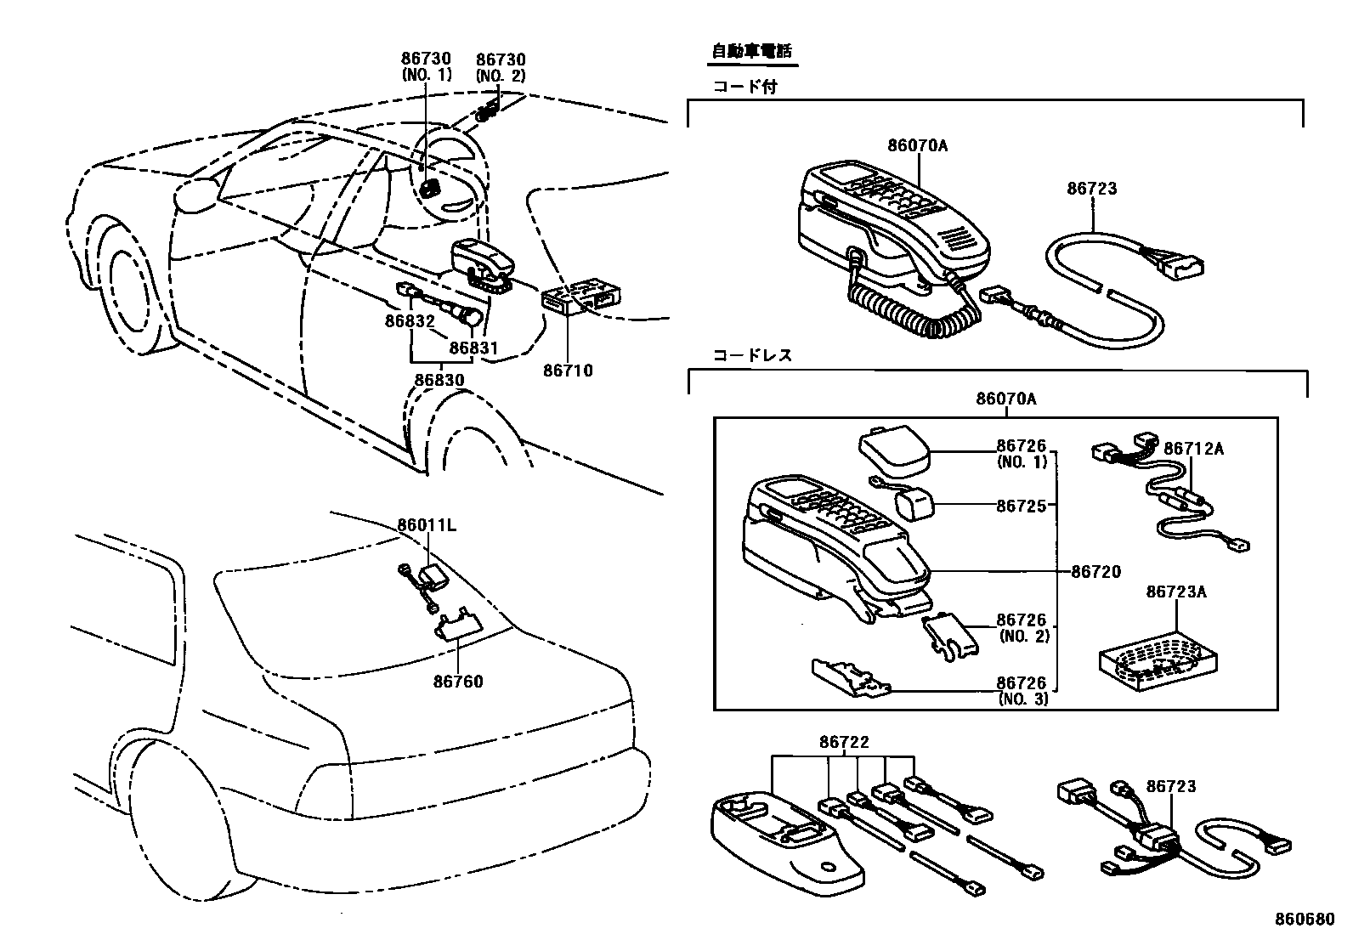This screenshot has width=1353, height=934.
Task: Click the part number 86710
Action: (568, 371)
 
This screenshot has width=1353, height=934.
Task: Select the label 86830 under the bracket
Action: (439, 380)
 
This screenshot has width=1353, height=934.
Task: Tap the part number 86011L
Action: (427, 525)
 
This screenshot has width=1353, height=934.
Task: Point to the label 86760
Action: (457, 682)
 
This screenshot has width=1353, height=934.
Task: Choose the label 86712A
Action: (1193, 449)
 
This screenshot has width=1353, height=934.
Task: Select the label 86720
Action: (1095, 572)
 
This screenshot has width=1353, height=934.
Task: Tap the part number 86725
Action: (1022, 506)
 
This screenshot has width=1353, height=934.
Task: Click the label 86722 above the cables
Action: (844, 742)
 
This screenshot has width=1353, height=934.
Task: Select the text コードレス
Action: (752, 355)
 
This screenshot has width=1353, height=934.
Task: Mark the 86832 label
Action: (409, 321)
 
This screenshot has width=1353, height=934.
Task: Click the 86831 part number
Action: (473, 348)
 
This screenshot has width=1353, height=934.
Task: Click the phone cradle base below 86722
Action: (785, 838)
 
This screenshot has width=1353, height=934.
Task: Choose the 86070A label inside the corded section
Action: (917, 145)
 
